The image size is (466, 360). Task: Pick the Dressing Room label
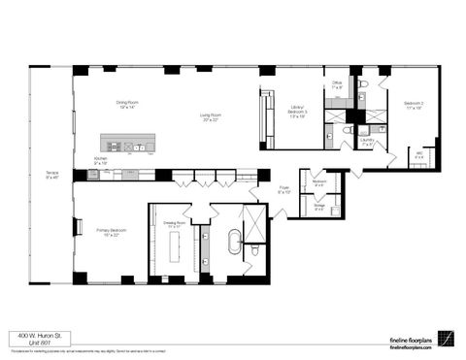click(x=175, y=223)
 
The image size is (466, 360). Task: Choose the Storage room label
click(x=319, y=206)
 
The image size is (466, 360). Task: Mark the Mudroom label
click(x=319, y=181)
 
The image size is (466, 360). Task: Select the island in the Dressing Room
click(x=178, y=248)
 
